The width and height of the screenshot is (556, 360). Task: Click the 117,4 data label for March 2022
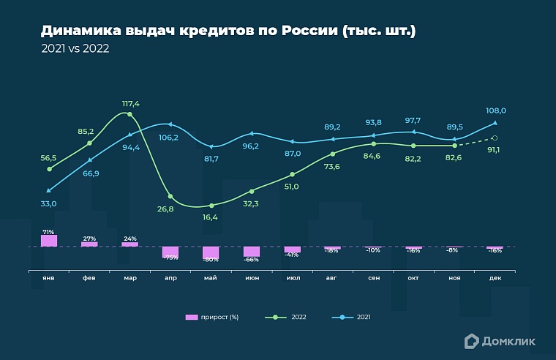[x=129, y=104]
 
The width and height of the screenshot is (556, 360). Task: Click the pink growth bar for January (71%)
[x=49, y=241]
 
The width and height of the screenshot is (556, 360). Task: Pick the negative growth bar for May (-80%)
[x=211, y=253]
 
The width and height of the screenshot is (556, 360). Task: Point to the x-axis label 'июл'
[x=292, y=278]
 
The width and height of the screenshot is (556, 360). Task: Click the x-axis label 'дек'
[x=495, y=278]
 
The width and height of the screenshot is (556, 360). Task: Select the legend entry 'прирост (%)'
[x=213, y=317]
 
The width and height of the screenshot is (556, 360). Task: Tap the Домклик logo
[x=500, y=340]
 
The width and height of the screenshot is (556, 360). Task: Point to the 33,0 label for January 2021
[x=48, y=204]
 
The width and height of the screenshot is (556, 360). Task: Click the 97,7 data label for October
[x=413, y=120]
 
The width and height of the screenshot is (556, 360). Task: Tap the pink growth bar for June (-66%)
[x=252, y=252]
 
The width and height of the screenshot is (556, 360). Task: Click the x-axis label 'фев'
[x=89, y=278]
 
